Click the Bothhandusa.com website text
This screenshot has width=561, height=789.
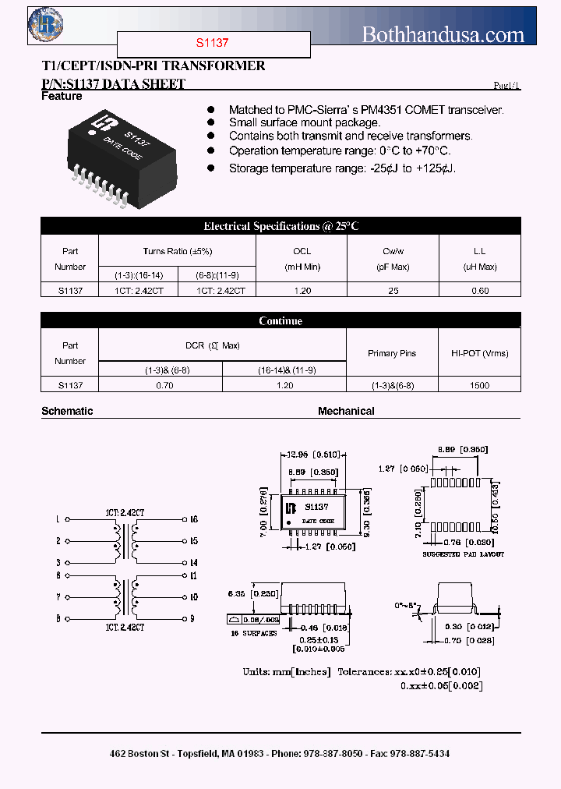point(443,34)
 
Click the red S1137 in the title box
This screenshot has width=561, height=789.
point(213,44)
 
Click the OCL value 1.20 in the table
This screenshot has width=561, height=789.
point(302,291)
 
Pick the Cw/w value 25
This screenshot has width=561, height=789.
point(393,291)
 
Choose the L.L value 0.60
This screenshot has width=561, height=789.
point(481,291)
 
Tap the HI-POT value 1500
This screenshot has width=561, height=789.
point(480,385)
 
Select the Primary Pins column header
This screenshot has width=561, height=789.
point(392,353)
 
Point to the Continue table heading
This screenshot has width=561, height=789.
point(280,320)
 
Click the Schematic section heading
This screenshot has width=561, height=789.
point(67,411)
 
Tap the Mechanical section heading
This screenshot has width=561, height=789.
point(346,411)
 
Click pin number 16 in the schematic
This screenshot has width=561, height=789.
point(194,519)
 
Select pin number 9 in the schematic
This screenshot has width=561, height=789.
point(193,619)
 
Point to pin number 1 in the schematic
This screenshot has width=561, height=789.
point(58,519)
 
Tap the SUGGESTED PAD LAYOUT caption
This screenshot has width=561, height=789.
point(463,554)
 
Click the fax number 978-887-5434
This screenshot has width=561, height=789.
point(424,754)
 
